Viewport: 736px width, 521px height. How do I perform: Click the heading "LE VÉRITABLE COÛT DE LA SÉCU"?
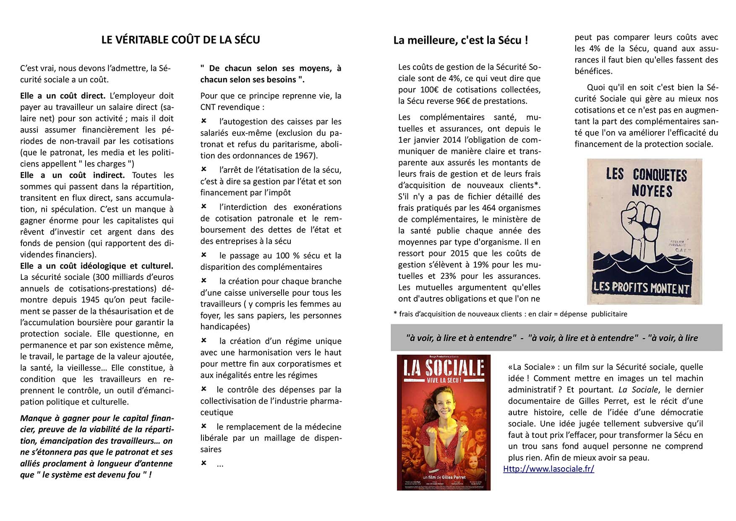(180, 40)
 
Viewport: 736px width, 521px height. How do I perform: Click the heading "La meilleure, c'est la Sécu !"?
(460, 41)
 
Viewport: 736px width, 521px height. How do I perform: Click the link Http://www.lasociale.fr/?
(548, 469)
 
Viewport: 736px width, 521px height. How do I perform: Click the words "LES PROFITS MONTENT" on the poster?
(641, 288)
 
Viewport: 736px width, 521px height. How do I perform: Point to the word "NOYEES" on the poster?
(652, 191)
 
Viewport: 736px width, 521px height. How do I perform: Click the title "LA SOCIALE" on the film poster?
(444, 369)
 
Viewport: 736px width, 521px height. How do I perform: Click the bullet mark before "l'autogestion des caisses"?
(204, 121)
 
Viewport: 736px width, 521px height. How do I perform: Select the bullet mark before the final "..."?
(204, 463)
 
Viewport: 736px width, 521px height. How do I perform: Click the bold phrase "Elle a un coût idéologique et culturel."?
(97, 266)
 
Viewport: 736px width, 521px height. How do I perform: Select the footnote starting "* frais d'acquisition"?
(510, 314)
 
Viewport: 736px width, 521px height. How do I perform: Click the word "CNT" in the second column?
(209, 107)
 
